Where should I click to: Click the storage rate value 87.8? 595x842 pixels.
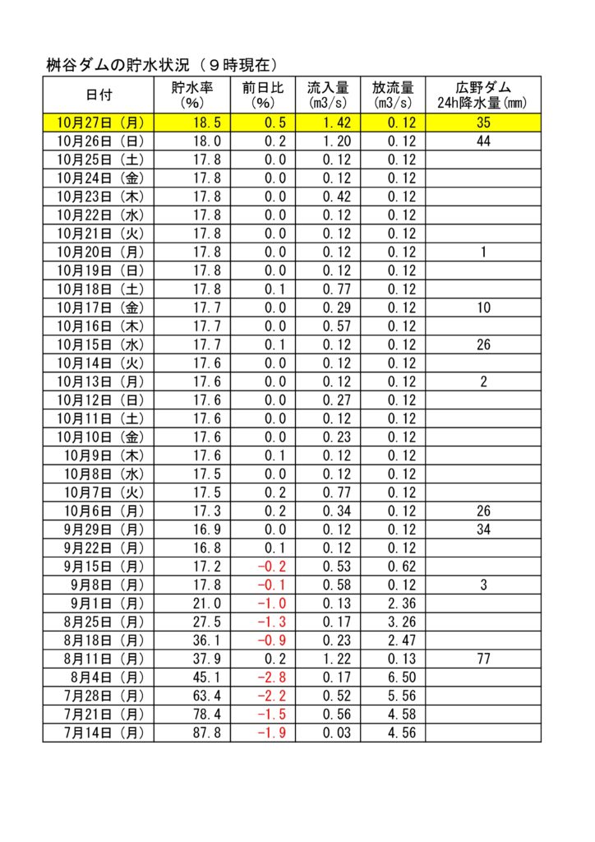click(204, 732)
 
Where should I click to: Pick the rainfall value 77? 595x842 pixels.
click(483, 658)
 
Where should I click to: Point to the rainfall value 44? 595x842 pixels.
click(483, 141)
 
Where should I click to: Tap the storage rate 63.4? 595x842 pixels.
click(204, 695)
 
